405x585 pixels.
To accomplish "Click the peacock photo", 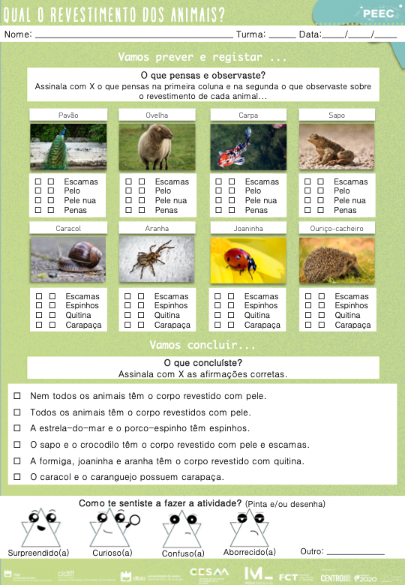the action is click(58, 146).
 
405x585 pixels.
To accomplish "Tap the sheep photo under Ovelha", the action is click(156, 146).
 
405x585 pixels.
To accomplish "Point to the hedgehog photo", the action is click(337, 260).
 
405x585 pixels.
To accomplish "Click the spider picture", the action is click(156, 259).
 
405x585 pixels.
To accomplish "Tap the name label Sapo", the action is click(337, 115).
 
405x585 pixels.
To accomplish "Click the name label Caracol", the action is click(67, 228).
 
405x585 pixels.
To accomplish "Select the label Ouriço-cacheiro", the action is click(337, 228).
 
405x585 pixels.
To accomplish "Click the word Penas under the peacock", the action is click(75, 211).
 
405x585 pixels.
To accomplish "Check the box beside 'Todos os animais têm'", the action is click(17, 412).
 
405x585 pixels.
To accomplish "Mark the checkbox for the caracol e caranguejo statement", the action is click(17, 477).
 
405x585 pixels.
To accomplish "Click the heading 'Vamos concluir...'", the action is click(202, 345).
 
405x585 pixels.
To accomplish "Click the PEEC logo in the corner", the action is click(373, 13).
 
